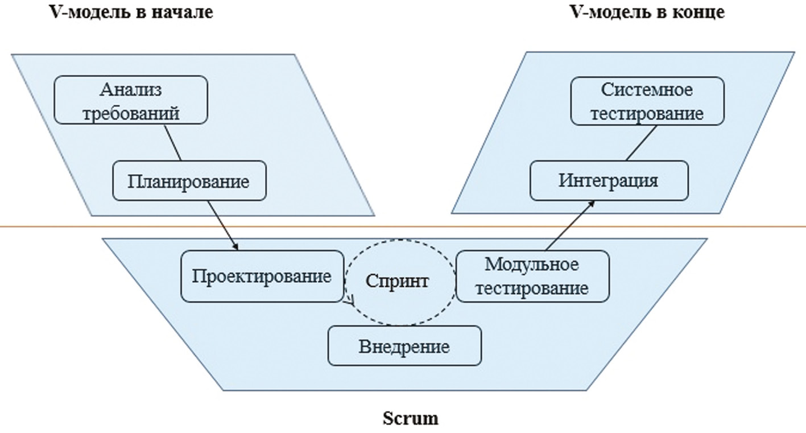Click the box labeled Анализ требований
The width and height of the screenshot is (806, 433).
131,100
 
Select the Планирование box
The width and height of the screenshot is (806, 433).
189,181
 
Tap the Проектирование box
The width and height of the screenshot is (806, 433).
262,277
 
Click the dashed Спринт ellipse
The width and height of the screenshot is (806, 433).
398,282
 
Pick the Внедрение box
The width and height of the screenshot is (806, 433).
404,346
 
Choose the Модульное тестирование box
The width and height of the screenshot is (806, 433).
532,276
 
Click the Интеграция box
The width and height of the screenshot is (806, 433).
609,180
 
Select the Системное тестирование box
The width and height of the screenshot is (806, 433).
647,101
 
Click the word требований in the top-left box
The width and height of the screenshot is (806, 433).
131,113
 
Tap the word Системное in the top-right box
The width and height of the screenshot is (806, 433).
647,90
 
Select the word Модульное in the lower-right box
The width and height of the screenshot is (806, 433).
532,265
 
